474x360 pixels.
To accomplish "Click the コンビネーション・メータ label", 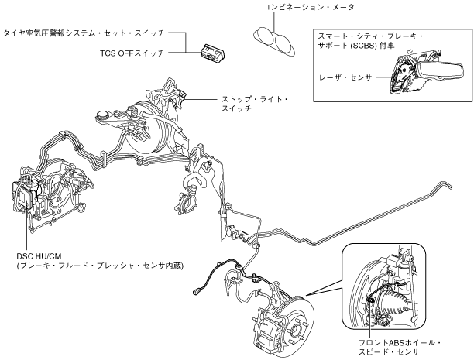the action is coord(309,7).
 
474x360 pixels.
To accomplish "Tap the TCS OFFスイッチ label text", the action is coord(132,53).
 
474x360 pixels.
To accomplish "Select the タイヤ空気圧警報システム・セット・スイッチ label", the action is coord(84,33).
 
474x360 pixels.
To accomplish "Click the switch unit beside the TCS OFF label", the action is coord(214,53).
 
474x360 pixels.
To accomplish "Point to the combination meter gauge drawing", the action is coord(274,42).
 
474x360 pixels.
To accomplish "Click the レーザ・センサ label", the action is coord(345,77).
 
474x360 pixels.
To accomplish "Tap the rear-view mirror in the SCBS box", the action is coord(440,71).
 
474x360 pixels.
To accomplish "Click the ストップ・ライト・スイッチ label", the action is coord(255,104).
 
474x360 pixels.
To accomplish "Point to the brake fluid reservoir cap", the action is coord(103,115).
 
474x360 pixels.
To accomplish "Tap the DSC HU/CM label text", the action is coord(39,256).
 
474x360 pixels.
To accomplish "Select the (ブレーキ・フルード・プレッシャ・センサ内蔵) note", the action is coord(100,266).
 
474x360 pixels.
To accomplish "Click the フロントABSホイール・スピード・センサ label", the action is coord(400,348).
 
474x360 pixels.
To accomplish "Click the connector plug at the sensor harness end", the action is coord(195,292).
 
